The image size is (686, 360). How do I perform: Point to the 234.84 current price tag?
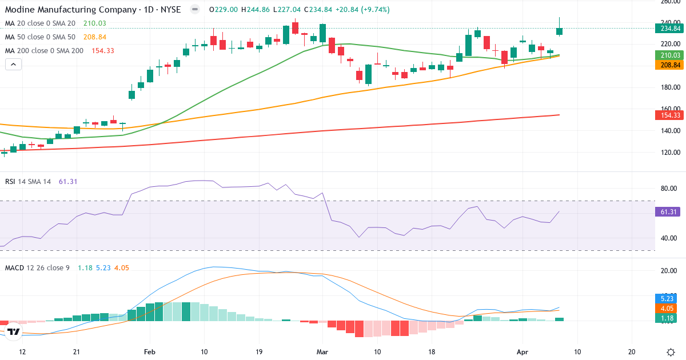click(668, 28)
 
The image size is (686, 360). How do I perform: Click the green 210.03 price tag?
click(668, 55)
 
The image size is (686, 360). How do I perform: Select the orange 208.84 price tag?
click(668, 65)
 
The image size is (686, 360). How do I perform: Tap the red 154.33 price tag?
click(668, 115)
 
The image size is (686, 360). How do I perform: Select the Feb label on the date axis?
click(150, 351)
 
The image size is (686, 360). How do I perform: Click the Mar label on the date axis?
click(322, 351)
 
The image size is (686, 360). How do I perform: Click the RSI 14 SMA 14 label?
click(28, 182)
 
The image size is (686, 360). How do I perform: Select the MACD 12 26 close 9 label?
click(37, 267)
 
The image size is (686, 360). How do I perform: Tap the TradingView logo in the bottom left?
click(14, 331)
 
